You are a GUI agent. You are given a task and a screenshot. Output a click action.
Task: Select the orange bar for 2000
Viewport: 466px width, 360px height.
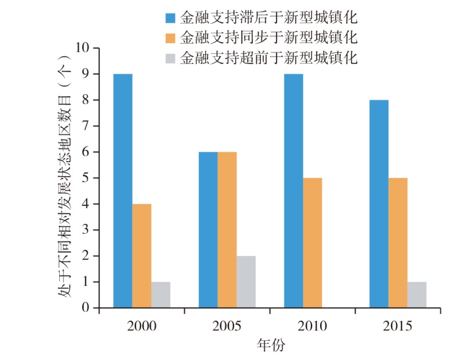point(142,255)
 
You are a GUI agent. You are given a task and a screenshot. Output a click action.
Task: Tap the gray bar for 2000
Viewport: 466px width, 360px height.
point(161,294)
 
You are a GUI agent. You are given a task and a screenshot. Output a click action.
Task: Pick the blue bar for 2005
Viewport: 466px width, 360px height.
point(208,230)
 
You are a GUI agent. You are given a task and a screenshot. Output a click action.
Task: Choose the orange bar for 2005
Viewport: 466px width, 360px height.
point(227,230)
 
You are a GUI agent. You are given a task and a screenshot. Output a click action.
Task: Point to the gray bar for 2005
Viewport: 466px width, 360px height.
point(246,281)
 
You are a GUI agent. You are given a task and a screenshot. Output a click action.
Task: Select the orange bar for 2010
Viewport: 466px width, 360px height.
point(313,243)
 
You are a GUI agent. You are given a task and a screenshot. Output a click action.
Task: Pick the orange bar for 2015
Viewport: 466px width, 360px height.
point(398,243)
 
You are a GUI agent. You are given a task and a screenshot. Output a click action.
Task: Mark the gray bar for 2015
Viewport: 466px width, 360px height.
point(417,294)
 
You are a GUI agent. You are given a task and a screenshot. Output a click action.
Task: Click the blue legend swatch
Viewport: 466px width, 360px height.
point(170,16)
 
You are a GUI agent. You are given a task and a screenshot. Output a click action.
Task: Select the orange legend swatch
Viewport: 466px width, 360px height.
point(170,37)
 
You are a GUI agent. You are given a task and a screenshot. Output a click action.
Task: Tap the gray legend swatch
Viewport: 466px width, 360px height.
point(170,58)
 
